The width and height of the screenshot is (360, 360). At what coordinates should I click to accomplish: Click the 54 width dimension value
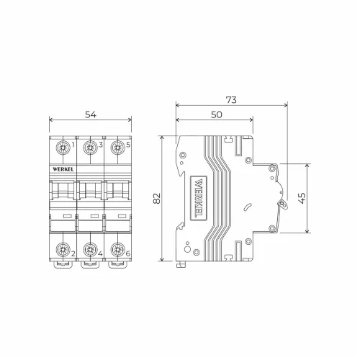tap(91, 114)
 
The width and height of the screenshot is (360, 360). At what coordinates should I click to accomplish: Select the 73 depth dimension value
tap(231, 100)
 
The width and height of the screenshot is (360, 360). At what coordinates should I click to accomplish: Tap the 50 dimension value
tap(217, 114)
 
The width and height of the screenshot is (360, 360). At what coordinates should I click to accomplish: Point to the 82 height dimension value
tap(157, 198)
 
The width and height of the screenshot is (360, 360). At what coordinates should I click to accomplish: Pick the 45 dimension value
tap(302, 198)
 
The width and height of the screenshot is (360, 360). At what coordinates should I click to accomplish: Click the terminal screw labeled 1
tap(63, 148)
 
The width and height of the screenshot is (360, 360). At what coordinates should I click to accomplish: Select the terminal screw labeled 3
tap(90, 148)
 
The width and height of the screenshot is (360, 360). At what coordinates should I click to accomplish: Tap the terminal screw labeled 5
tap(117, 148)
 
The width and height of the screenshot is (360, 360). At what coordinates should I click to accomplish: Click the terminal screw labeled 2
tap(63, 250)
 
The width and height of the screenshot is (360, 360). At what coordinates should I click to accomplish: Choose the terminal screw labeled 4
tap(90, 250)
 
